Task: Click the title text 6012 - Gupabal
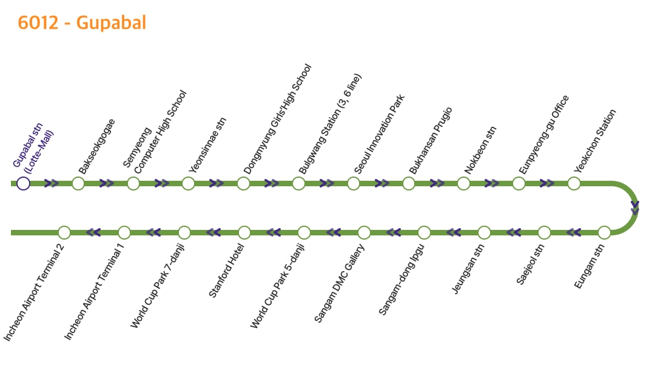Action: point(82,23)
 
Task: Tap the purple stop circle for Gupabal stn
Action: point(23,183)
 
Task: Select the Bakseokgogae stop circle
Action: point(78,183)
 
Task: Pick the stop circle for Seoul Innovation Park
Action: point(354,183)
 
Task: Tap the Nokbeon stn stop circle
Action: point(464,183)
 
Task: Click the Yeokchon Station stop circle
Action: point(574,183)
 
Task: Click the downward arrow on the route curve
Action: point(634,208)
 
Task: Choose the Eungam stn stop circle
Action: point(604,232)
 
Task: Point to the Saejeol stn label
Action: point(531,264)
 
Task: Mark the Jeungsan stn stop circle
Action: point(484,232)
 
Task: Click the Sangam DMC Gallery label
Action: point(339,283)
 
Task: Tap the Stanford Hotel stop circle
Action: point(244,232)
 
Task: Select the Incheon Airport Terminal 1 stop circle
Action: point(124,232)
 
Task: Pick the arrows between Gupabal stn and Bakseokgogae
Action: point(51,183)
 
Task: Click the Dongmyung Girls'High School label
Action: point(277,119)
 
